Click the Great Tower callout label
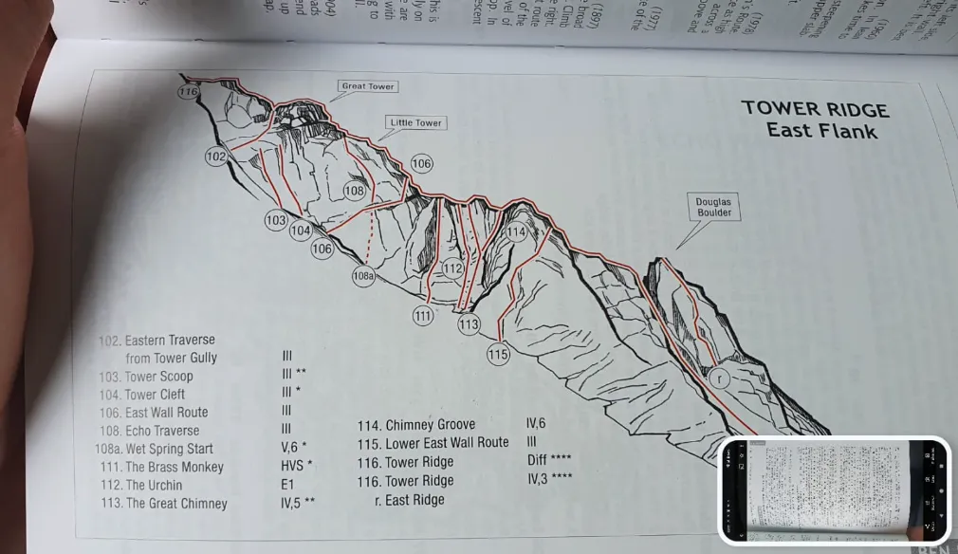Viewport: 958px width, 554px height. click(x=368, y=86)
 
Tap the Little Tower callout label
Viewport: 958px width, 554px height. click(x=416, y=123)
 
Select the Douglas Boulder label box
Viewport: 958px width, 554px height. click(x=713, y=208)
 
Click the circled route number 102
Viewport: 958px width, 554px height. click(x=216, y=157)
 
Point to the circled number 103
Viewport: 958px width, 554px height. click(x=276, y=221)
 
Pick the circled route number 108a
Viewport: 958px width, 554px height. click(x=363, y=276)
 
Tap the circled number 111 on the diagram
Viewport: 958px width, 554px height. click(x=423, y=315)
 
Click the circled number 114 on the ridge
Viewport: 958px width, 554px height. click(x=515, y=232)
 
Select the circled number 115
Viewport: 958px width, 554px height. click(x=498, y=355)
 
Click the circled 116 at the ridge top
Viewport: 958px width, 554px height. click(x=188, y=92)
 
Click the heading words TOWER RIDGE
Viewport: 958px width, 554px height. click(x=815, y=109)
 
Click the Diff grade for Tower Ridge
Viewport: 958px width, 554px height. click(x=538, y=461)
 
